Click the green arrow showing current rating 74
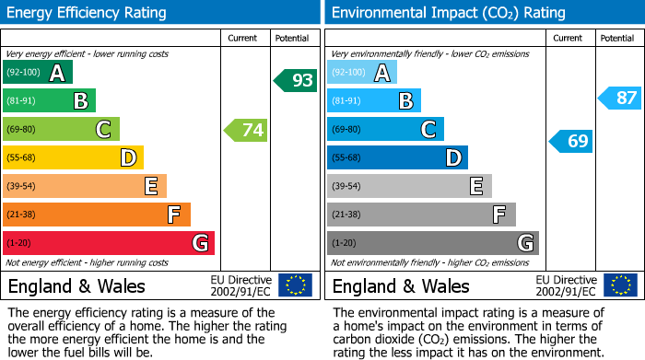246,130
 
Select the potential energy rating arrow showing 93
296,81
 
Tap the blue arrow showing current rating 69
571,141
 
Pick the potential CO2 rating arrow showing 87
619,98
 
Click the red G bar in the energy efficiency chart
109,243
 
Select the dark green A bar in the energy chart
38,73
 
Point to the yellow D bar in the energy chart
73,158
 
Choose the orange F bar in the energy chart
97,215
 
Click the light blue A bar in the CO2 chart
362,73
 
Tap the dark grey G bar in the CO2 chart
432,243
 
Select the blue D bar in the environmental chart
397,158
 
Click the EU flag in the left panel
295,285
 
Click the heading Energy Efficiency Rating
87,13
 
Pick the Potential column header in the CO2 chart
617,38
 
